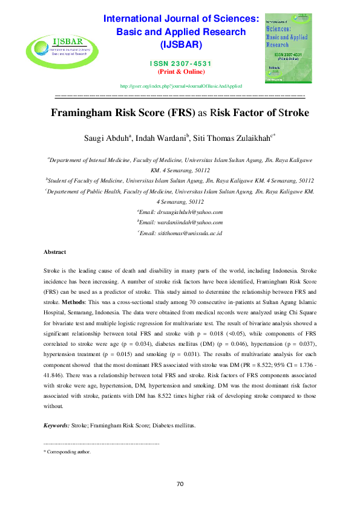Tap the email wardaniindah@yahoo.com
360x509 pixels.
click(182, 222)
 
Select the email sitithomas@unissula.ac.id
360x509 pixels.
click(182, 233)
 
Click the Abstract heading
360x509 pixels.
click(55, 251)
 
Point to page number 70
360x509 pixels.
click(180, 484)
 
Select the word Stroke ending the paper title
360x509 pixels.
click(290, 112)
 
